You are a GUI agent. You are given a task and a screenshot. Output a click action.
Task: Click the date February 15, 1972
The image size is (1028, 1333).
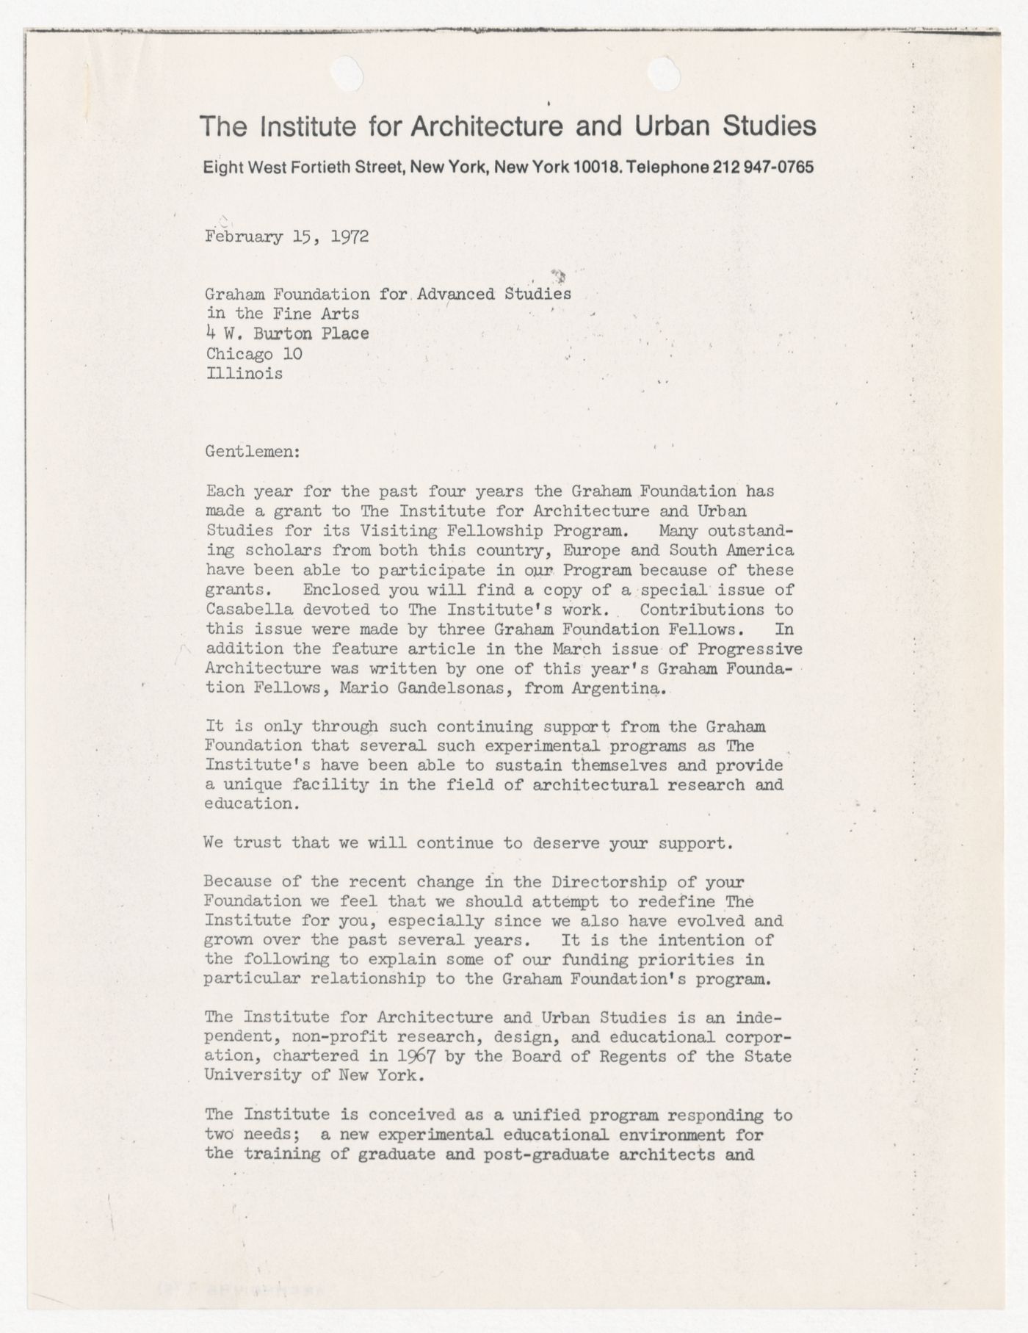point(287,237)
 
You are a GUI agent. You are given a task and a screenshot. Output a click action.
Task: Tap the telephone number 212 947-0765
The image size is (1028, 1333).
point(763,167)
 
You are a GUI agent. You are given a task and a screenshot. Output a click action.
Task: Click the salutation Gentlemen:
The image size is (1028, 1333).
point(253,452)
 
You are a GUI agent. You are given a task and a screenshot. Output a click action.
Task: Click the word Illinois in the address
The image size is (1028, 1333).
point(244,374)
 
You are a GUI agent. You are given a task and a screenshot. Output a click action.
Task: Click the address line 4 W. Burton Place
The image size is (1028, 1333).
point(287,334)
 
